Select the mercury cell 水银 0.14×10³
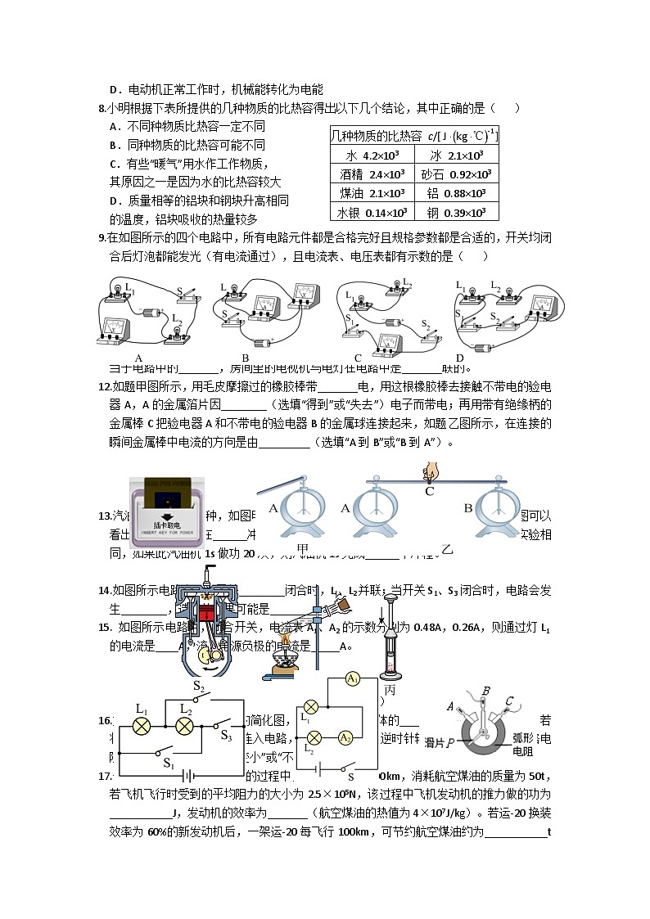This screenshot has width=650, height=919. pos(368,212)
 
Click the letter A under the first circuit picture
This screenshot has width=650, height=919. pos(139,358)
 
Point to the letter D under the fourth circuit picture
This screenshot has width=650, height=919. pos(459,358)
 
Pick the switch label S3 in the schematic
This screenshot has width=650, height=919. pos(227,735)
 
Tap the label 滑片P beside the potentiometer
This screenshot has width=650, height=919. pos(440,742)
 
